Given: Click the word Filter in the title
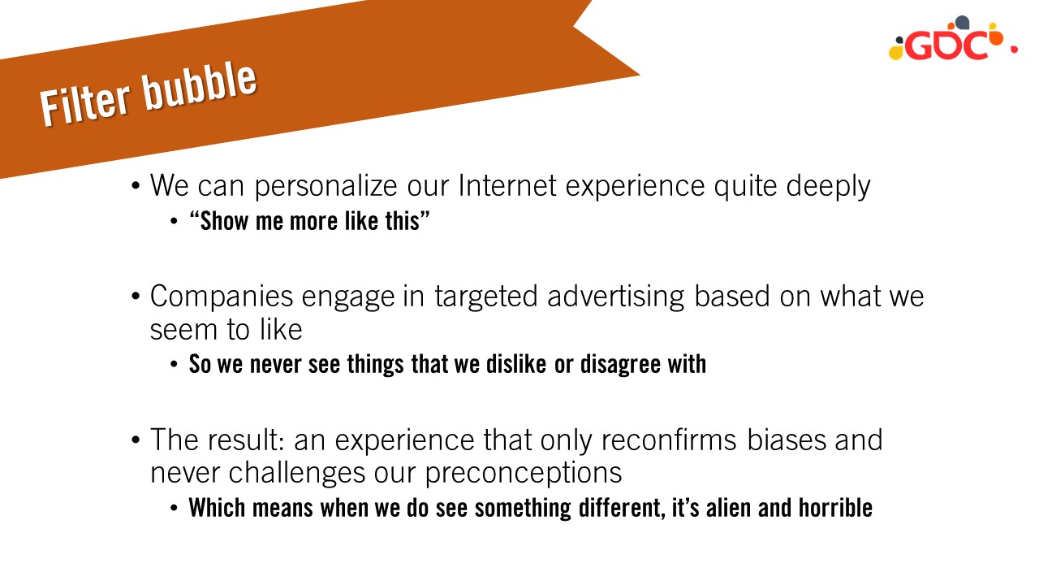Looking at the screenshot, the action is coord(85,103).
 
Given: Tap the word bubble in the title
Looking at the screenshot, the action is coord(200,87).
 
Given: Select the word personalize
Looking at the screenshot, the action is coord(325,187).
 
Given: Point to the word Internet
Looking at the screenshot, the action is coord(507,185).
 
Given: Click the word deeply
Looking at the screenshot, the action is coord(829,187).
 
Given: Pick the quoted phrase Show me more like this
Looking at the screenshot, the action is coord(309,220).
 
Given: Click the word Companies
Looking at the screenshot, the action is coord(222,297).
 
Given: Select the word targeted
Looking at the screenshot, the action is coord(486,297).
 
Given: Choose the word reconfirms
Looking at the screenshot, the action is coord(669,440).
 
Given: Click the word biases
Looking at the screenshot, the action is coord(787,440).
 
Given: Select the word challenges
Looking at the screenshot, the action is coord(297,474).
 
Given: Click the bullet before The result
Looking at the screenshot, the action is coord(136,440).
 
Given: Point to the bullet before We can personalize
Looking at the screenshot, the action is coord(136,186).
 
